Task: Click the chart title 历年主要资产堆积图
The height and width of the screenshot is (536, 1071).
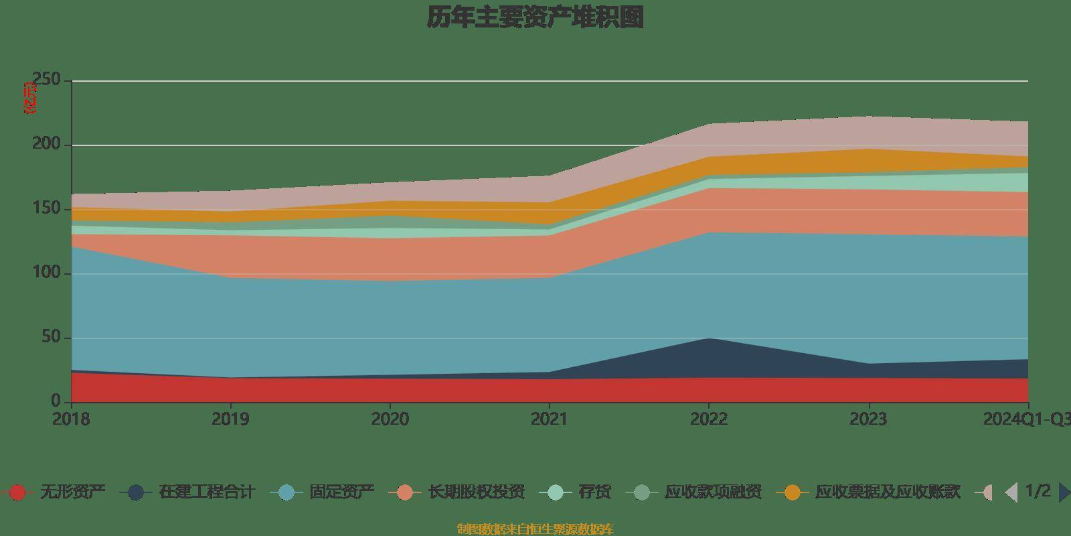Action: [535, 17]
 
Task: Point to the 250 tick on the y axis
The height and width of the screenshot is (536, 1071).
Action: [56, 80]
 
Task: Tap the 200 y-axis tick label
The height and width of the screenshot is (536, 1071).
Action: [56, 145]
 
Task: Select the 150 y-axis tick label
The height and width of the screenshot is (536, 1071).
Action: [56, 209]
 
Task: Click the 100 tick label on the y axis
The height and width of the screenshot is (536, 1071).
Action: [56, 273]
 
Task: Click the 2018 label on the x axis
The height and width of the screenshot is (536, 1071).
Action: [71, 419]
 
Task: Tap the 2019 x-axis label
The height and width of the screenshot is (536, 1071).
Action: [230, 419]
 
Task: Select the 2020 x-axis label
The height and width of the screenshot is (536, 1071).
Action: [390, 419]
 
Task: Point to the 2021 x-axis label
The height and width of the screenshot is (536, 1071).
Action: [549, 419]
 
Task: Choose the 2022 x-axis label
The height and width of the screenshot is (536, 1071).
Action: [709, 419]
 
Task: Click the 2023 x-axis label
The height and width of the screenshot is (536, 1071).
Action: [868, 419]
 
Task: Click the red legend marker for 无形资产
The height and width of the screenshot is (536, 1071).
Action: [18, 492]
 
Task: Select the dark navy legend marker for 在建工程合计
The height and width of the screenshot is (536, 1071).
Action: [136, 492]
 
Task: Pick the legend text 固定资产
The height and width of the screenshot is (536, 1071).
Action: [341, 492]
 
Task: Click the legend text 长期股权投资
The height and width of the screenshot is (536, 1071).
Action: [476, 492]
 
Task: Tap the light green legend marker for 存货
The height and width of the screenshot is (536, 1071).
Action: [555, 492]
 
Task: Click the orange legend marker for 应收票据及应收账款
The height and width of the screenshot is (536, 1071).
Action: [793, 492]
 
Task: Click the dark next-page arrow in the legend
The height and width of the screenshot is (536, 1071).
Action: [1064, 492]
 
